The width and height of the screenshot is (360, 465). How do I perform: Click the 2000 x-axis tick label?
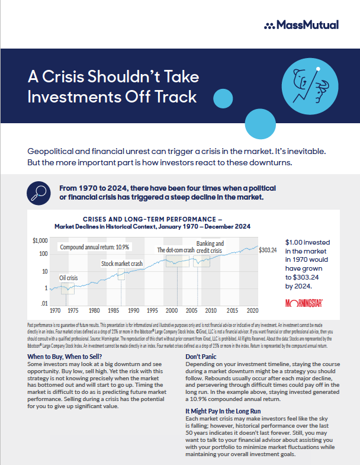pyautogui.click(x=172, y=310)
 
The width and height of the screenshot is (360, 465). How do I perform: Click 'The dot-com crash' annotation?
pyautogui.click(x=176, y=250)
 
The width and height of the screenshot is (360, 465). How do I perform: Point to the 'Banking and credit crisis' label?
pyautogui.click(x=210, y=247)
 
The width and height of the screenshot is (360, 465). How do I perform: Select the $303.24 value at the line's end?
pyautogui.click(x=268, y=249)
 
